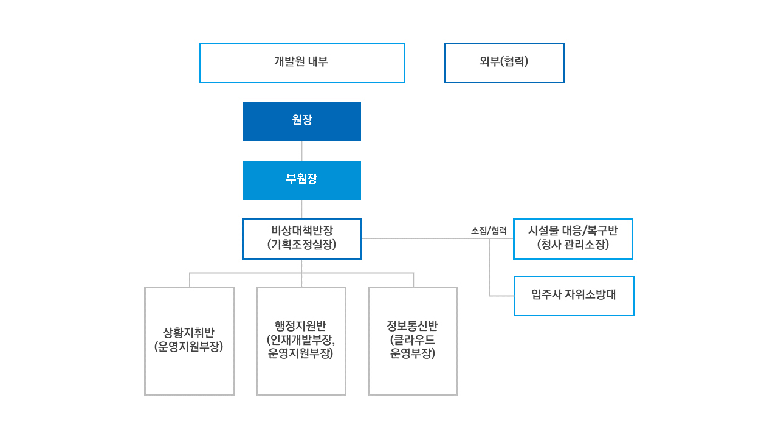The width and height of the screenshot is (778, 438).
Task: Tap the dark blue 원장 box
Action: coord(301,121)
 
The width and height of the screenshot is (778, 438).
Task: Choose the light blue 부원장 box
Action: coord(301,180)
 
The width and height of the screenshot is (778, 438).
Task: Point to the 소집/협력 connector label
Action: coord(489,231)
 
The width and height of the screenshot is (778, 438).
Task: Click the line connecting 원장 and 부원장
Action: coord(301,151)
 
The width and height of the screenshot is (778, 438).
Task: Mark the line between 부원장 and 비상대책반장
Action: coord(301,209)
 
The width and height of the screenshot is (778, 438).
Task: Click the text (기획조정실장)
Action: coord(302,245)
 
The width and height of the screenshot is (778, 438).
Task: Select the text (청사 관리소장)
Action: coord(573,245)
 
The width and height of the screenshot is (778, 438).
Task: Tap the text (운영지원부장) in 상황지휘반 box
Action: coord(188,346)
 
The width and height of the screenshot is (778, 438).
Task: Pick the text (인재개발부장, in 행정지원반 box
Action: coord(301,339)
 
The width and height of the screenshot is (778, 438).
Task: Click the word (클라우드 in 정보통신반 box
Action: coord(412,339)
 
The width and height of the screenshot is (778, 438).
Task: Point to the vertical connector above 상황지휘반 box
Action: coord(190,280)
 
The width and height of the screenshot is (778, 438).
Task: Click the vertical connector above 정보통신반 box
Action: coord(413,280)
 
